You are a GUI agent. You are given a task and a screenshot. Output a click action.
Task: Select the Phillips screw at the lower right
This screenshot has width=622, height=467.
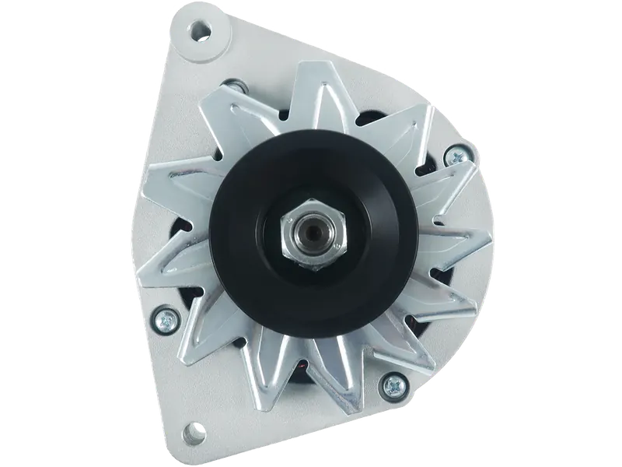(x=393, y=383)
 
